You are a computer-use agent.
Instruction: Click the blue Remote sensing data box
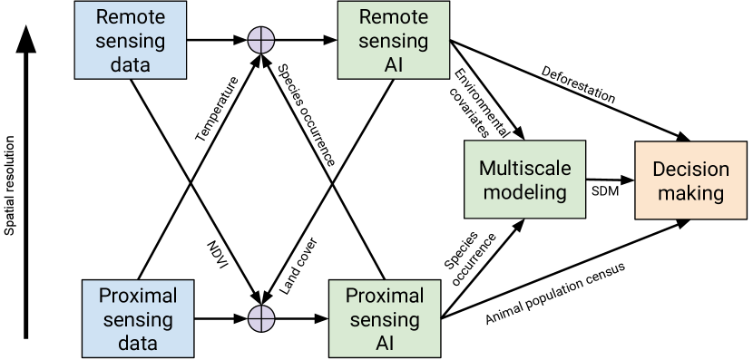click(130, 41)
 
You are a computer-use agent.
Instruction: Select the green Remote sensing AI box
click(393, 41)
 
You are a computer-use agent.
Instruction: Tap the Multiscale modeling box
click(524, 180)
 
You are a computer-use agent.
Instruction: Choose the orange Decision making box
click(691, 180)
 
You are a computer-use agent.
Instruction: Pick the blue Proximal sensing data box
click(137, 318)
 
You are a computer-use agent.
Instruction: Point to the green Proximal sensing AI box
click(385, 318)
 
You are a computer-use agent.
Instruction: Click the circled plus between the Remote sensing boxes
click(261, 41)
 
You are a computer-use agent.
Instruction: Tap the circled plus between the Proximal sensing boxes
click(261, 318)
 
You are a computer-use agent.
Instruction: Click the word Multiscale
click(524, 169)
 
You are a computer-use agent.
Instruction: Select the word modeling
click(524, 192)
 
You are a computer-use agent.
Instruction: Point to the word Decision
click(691, 170)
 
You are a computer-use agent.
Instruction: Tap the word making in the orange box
click(691, 193)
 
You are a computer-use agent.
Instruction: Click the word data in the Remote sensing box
click(130, 65)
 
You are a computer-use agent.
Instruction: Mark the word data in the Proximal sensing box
click(137, 343)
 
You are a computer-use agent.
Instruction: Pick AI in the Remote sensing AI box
click(393, 65)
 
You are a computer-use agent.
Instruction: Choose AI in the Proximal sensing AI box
click(385, 343)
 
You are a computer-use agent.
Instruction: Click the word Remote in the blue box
click(130, 17)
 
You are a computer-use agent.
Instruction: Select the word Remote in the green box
click(393, 17)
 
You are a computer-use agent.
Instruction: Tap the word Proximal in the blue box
click(137, 296)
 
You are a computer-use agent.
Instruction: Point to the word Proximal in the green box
click(385, 296)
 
